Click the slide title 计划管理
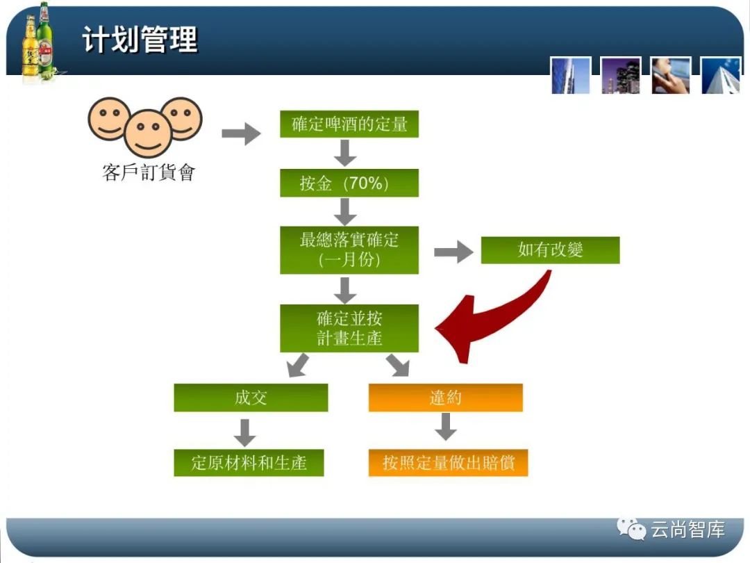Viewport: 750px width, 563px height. click(140, 40)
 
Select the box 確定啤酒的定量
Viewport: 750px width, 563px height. click(349, 125)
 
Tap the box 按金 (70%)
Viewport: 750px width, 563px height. click(349, 183)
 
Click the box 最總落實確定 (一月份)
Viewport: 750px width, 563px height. click(349, 250)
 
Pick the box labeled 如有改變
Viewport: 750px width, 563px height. click(550, 250)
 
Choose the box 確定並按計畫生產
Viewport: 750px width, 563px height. click(349, 328)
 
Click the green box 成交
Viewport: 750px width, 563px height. click(251, 398)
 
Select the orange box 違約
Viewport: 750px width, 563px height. click(445, 398)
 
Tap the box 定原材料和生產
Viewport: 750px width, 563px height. click(249, 462)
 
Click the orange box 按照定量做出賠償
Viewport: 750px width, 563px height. click(448, 462)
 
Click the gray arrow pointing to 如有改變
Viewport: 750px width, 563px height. click(453, 252)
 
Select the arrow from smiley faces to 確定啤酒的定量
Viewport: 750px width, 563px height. click(240, 133)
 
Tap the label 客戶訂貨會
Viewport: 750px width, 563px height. click(149, 172)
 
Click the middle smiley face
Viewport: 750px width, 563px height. click(149, 132)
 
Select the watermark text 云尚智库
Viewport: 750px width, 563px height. click(687, 530)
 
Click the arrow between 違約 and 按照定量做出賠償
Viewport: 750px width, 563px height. click(445, 427)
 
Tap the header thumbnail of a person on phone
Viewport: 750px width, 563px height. click(671, 76)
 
